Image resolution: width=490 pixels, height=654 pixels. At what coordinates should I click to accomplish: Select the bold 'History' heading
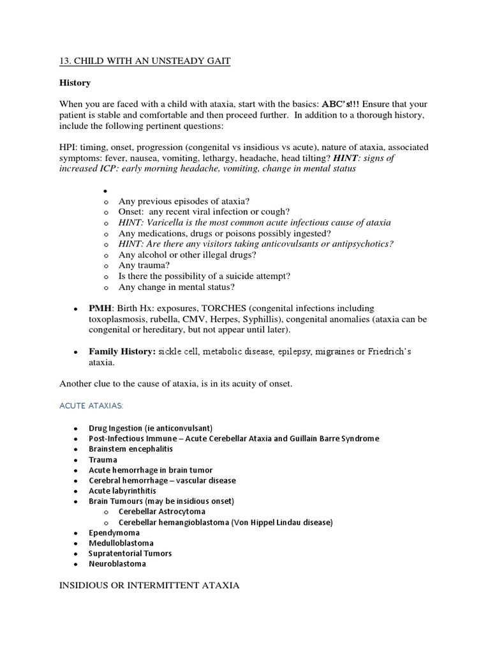[x=75, y=83]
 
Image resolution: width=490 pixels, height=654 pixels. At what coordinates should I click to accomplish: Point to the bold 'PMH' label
[x=100, y=308]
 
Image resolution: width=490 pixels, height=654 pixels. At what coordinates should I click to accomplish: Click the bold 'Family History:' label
[x=122, y=352]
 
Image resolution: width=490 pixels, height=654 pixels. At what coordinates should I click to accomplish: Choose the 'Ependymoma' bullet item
[x=114, y=533]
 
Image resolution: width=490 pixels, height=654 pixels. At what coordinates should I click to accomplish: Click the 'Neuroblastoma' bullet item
[x=117, y=564]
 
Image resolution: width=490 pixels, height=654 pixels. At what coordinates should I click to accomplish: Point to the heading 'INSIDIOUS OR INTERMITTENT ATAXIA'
[x=149, y=585]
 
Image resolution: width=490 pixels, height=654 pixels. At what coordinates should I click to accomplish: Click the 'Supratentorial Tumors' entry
[x=130, y=554]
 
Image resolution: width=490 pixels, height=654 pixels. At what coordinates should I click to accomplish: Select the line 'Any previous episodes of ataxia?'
[x=179, y=201]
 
